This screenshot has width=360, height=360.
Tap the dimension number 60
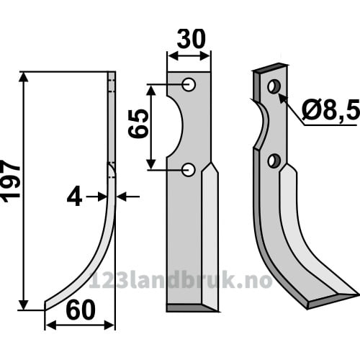pyautogui.click(x=81, y=310)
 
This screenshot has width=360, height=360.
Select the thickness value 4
pyautogui.click(x=75, y=197)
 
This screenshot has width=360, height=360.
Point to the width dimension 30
pyautogui.click(x=192, y=39)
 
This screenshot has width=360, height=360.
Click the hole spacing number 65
pyautogui.click(x=138, y=123)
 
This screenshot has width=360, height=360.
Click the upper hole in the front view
pyautogui.click(x=189, y=84)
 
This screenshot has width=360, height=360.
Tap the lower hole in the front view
pyautogui.click(x=189, y=170)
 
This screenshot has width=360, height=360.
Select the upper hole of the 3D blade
pyautogui.click(x=274, y=86)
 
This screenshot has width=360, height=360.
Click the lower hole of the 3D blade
pyautogui.click(x=274, y=161)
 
